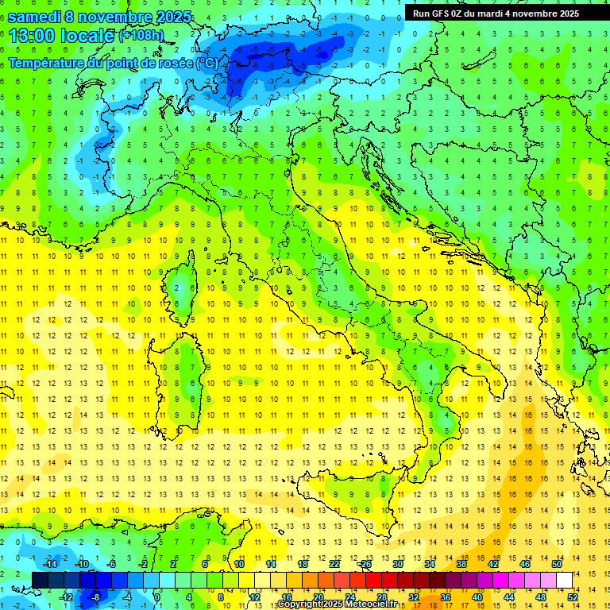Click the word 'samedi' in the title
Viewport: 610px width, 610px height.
coord(33,17)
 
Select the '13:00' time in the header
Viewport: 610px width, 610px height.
coord(30,36)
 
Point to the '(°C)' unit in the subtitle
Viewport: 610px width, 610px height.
coord(206,63)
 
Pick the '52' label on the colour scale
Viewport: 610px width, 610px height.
coord(573,597)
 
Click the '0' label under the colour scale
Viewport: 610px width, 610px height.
coord(157,597)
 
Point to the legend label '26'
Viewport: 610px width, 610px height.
coord(365,564)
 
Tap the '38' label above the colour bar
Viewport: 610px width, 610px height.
coord(461,564)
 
